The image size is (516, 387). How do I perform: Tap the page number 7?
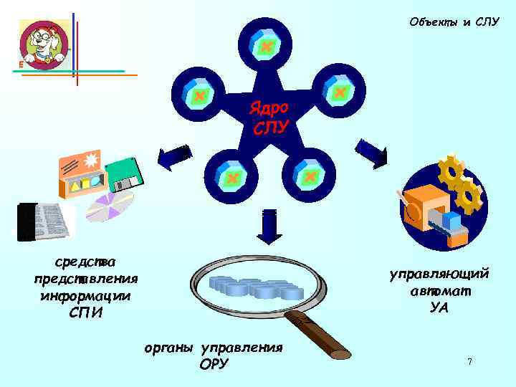tap(469, 362)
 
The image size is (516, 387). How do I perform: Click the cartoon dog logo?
tap(44, 44)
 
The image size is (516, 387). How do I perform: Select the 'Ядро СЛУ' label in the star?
tap(269, 118)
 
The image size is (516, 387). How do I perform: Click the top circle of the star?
tap(265, 46)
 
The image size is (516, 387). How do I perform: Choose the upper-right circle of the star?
tap(340, 92)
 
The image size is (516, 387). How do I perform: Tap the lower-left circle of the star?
tap(231, 176)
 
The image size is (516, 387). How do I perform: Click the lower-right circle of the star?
tap(310, 176)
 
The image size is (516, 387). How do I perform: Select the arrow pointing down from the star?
tap(270, 226)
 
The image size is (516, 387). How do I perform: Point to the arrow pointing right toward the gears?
tap(371, 151)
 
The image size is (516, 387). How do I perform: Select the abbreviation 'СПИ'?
tap(86, 312)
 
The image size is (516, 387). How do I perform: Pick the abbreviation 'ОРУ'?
tap(214, 364)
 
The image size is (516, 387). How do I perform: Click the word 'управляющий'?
tap(439, 274)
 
